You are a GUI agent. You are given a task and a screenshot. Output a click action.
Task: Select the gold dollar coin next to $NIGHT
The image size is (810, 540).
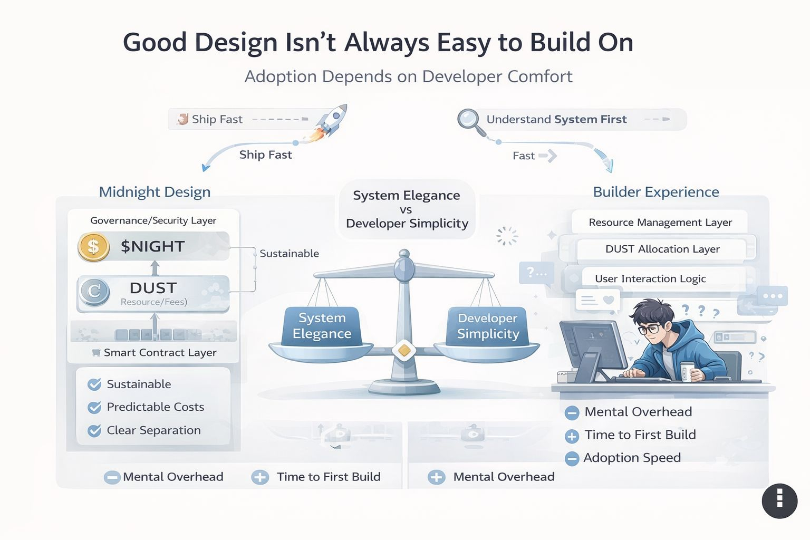[93, 246]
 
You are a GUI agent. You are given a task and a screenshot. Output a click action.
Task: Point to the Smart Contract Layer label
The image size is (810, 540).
[160, 352]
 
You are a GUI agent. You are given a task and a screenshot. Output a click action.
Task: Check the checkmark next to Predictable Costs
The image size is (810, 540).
[94, 407]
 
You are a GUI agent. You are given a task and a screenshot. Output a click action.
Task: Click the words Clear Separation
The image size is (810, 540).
[153, 430]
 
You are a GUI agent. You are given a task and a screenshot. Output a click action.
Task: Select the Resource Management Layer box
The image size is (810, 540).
[660, 223]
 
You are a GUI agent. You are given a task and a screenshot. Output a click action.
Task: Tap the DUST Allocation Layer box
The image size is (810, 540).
[662, 249]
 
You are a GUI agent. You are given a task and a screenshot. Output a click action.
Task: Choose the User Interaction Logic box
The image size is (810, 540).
[650, 278]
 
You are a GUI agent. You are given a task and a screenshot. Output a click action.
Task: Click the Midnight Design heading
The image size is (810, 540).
[155, 192]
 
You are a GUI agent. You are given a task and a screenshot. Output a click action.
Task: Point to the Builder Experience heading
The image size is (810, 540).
[655, 192]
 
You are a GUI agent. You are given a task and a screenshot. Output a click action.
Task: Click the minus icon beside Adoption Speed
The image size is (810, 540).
[572, 459]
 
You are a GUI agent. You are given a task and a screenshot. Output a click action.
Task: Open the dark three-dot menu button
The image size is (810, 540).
[779, 500]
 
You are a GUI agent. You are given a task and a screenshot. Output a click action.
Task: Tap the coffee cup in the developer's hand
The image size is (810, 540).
[686, 371]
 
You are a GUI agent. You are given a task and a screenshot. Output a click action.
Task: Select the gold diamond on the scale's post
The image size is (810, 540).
[404, 350]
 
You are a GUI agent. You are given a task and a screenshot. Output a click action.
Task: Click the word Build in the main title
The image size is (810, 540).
[561, 42]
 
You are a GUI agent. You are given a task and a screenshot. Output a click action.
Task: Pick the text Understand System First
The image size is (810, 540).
[556, 120]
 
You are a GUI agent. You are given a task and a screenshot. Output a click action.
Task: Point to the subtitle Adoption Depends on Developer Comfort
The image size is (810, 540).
[408, 76]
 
